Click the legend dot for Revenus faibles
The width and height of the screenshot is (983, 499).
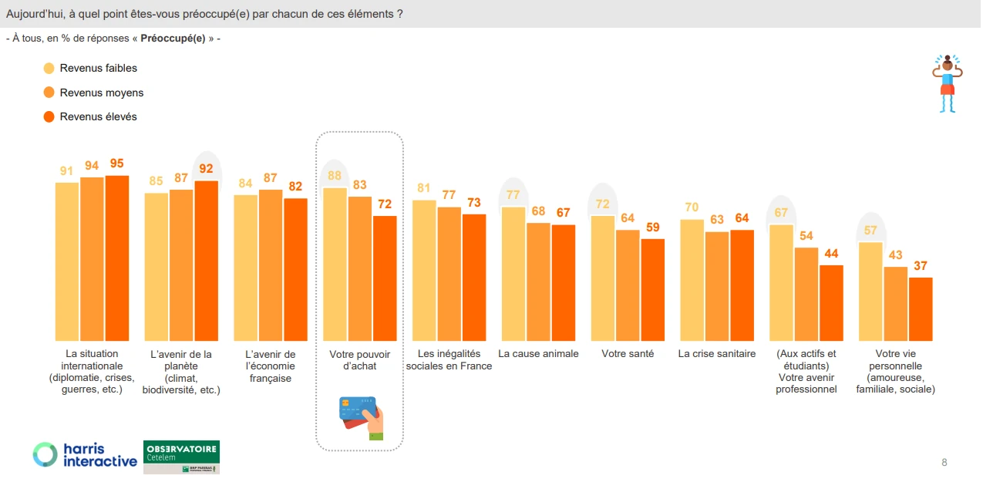tap(49, 68)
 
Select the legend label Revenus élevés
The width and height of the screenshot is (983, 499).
tap(98, 116)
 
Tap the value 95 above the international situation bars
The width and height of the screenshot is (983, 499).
tap(116, 164)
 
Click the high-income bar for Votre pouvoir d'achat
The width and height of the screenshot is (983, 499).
tap(385, 278)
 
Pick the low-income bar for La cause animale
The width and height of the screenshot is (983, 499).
tap(513, 274)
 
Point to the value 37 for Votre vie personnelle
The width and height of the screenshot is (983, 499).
tap(921, 266)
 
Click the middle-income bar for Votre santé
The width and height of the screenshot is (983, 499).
tap(628, 285)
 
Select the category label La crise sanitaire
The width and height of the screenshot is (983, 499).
tap(717, 354)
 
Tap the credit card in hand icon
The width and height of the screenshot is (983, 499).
tap(362, 417)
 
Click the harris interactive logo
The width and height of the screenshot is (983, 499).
tap(85, 455)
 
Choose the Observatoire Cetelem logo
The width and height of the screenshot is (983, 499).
tap(181, 457)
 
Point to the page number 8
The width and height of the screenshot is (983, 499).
tap(944, 463)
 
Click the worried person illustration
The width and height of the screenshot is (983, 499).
tap(948, 83)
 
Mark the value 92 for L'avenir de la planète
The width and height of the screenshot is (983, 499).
tap(206, 168)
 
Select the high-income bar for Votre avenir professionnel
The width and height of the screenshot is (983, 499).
tap(831, 303)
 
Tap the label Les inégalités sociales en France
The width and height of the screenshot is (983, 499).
tap(449, 360)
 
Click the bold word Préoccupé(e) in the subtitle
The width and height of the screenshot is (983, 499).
tap(173, 39)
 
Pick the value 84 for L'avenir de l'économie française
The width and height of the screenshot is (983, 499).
tap(246, 184)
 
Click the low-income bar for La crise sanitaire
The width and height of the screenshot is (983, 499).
tap(692, 280)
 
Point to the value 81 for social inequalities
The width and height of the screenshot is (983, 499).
tap(424, 188)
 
